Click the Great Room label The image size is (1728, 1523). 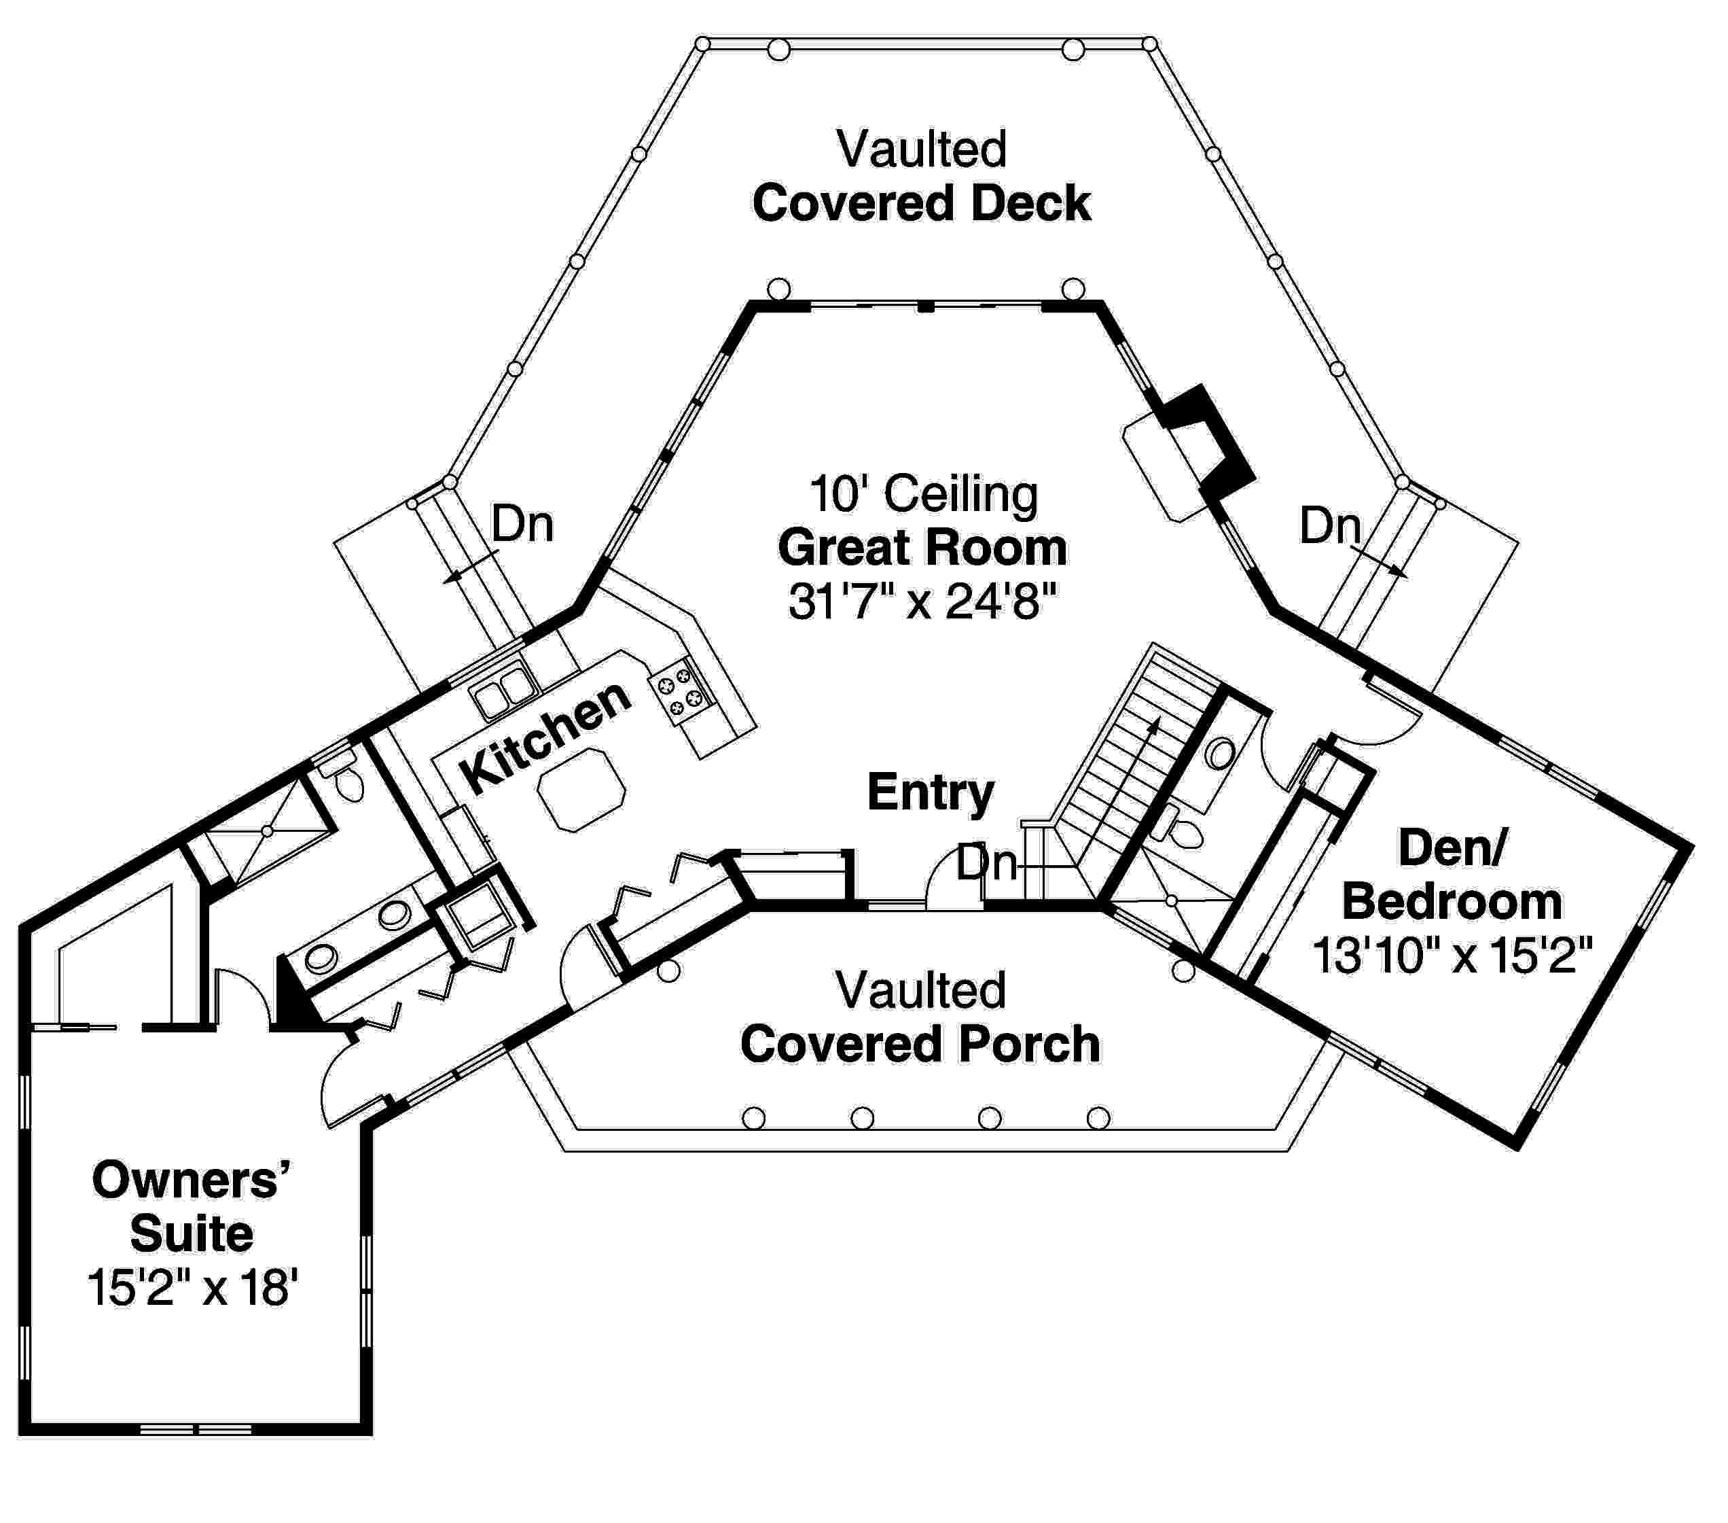922,548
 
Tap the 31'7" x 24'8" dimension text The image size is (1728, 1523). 922,603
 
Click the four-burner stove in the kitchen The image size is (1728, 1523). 681,689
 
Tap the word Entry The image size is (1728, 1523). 931,792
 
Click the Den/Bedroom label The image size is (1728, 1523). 1451,875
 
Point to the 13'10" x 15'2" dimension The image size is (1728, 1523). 1452,956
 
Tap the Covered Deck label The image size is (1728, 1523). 922,204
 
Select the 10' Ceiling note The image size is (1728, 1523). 923,494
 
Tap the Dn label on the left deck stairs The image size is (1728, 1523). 522,524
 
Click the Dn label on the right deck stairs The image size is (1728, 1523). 1330,526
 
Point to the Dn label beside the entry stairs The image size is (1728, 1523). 986,863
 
